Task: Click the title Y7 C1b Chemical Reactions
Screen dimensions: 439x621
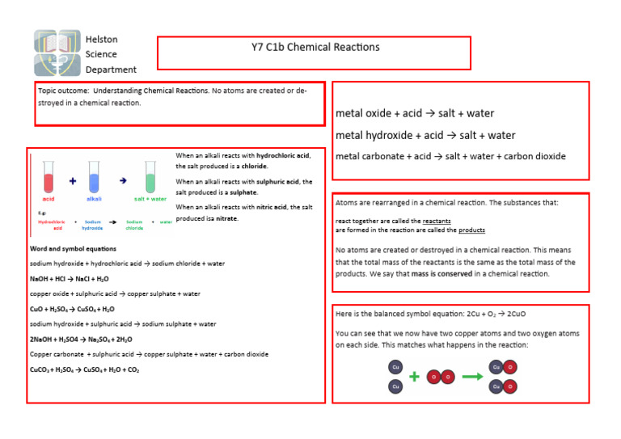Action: coord(315,47)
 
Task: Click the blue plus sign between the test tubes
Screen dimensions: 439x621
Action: coord(73,182)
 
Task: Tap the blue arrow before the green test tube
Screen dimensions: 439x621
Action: coord(122,181)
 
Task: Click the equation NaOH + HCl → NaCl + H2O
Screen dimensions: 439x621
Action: coord(69,279)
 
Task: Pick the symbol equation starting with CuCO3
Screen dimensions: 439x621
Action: coord(84,369)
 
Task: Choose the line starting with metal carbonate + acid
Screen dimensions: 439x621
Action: coord(450,157)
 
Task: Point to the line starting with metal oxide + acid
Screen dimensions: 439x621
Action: coord(415,114)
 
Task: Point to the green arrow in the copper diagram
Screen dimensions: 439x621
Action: coord(473,377)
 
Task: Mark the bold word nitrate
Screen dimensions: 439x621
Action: coord(226,219)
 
